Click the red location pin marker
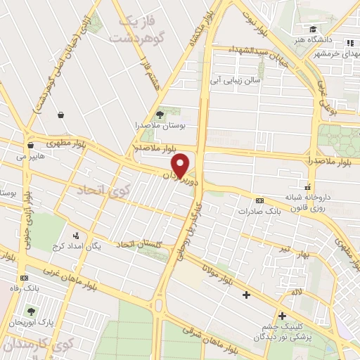(181, 165)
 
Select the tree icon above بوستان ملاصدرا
(160, 112)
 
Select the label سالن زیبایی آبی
(231, 80)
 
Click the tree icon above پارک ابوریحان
(32, 310)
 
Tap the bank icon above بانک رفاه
(25, 278)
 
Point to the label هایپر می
(33, 150)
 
